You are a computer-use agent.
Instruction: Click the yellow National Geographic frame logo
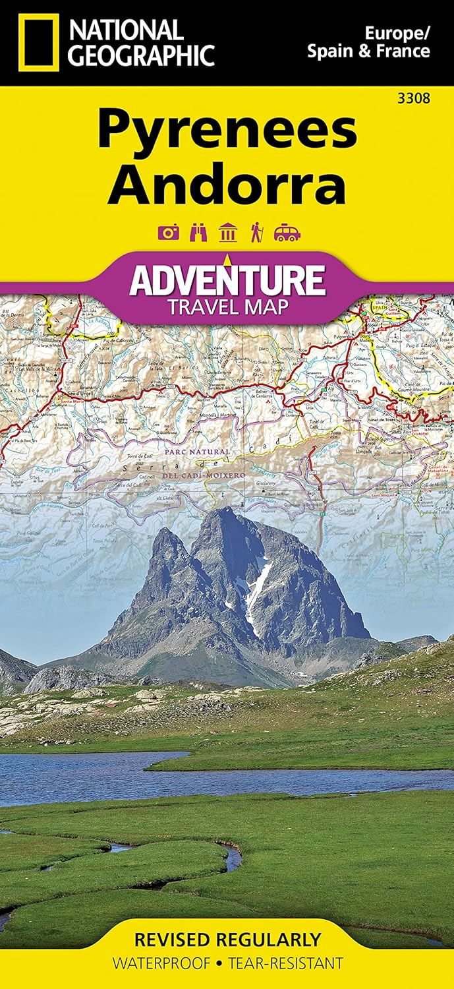pyautogui.click(x=39, y=44)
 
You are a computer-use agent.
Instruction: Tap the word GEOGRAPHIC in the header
pyautogui.click(x=142, y=55)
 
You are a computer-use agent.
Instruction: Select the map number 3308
pyautogui.click(x=416, y=100)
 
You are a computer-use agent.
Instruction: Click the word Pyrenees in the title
pyautogui.click(x=227, y=131)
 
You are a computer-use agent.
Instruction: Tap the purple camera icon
pyautogui.click(x=167, y=233)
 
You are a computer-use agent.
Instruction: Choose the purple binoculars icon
pyautogui.click(x=197, y=233)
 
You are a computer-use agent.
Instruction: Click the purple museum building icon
pyautogui.click(x=227, y=233)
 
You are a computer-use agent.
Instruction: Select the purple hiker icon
pyautogui.click(x=257, y=233)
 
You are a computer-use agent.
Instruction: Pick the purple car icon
pyautogui.click(x=288, y=233)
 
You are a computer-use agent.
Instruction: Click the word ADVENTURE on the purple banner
pyautogui.click(x=227, y=280)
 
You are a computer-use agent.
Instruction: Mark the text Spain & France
pyautogui.click(x=368, y=51)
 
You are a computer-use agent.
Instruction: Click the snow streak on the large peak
pyautogui.click(x=257, y=587)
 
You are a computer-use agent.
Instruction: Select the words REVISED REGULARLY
pyautogui.click(x=227, y=939)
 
